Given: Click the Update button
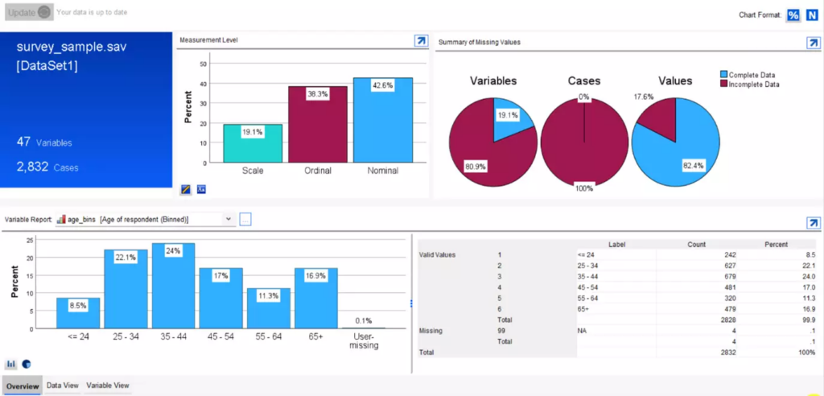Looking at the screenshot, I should [29, 13].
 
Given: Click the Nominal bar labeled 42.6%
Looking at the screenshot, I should [383, 121].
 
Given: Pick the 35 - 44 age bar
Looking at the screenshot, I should [173, 286].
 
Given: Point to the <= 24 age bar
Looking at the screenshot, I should [77, 313].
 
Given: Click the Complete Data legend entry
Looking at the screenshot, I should [749, 75].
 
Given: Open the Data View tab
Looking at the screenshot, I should [63, 386].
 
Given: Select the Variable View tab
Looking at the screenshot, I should [108, 386].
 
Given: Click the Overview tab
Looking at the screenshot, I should [23, 386].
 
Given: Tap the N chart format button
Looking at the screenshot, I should [812, 15].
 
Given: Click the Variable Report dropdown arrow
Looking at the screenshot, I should [228, 219].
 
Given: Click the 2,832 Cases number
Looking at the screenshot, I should [32, 167].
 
